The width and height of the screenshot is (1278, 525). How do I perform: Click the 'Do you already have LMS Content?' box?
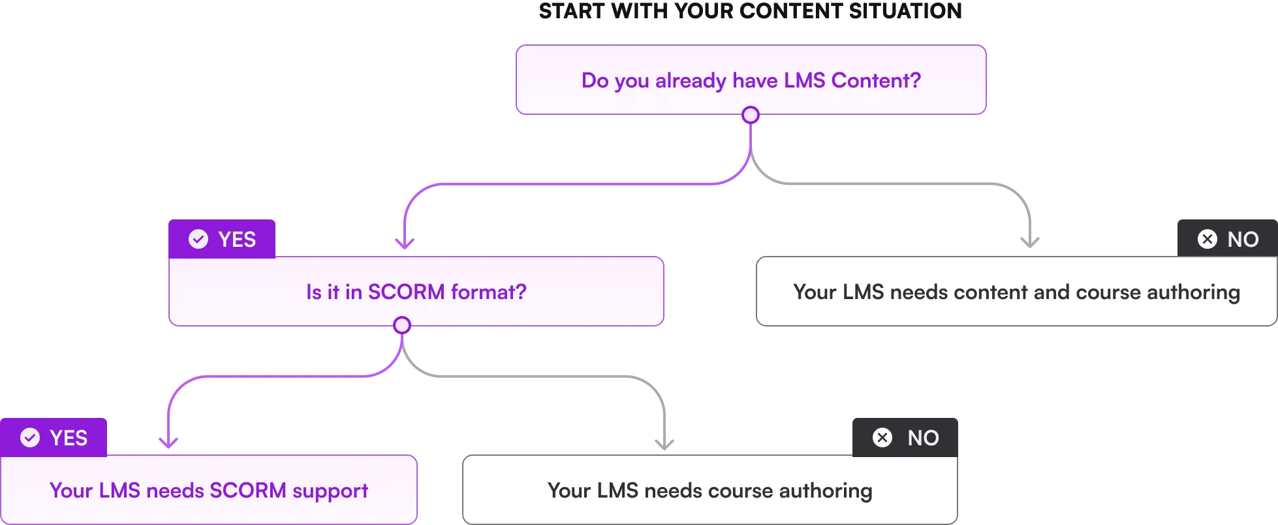coord(751,80)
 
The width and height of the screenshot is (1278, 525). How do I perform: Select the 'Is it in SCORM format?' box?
coord(416,291)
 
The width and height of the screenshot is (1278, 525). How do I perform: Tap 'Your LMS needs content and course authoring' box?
coord(1016,291)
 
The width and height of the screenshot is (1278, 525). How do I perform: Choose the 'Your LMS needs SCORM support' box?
coord(208,490)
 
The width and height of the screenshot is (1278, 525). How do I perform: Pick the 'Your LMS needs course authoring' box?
coord(709,490)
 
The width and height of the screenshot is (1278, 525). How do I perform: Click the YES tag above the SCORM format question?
coord(222,239)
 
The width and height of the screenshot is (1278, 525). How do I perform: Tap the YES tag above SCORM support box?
coord(54,438)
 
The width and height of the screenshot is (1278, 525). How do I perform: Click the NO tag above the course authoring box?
coord(906,438)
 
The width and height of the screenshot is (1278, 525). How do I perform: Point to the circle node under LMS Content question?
coord(751,116)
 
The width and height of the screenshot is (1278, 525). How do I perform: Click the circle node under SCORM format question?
coord(402,325)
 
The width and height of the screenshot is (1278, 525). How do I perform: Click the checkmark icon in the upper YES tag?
coord(198,239)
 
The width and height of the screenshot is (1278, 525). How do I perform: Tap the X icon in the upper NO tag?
coord(1208,239)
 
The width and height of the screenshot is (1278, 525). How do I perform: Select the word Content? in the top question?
coord(876,80)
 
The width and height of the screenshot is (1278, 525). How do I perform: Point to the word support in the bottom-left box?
coord(330,491)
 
